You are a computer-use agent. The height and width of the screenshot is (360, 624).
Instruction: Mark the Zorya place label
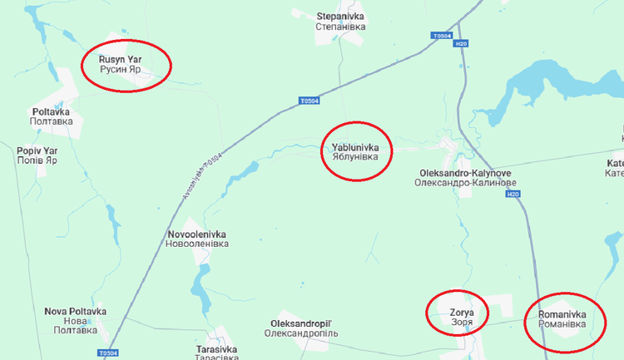point(462,317)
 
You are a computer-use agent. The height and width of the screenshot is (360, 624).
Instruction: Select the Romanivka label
point(562,319)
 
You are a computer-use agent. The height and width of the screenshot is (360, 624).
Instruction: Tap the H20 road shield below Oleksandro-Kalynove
point(513,195)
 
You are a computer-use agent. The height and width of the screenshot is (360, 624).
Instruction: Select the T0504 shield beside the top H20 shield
point(442,36)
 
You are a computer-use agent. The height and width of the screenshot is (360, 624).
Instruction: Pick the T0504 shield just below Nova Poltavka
point(107,353)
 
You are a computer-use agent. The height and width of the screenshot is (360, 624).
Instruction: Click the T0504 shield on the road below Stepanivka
point(309,101)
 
